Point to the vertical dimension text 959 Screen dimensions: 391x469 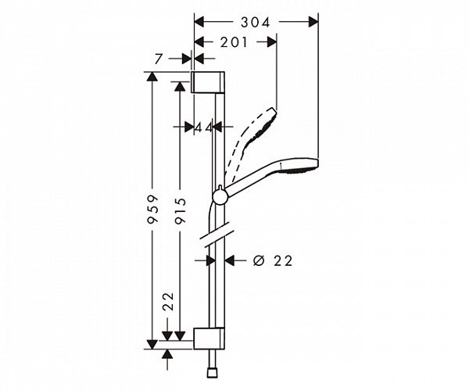[155, 209]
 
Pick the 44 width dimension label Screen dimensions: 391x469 [204, 127]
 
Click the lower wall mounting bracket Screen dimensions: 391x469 [209, 338]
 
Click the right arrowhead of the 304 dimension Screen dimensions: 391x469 [314, 23]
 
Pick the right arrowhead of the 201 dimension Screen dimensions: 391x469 [274, 42]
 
